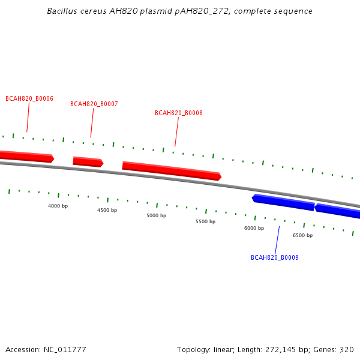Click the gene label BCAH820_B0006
tap(29, 98)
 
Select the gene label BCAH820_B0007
tap(94, 104)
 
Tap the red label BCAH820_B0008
tap(179, 113)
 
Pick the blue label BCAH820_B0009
tap(275, 257)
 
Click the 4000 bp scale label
tap(58, 206)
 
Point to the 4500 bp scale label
tap(107, 210)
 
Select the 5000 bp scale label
tap(157, 215)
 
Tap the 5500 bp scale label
tap(205, 221)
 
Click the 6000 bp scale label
tap(254, 228)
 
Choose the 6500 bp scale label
tap(302, 235)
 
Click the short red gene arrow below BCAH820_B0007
tap(88, 161)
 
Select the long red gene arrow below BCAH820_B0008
tap(172, 171)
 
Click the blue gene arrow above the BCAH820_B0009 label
tap(283, 202)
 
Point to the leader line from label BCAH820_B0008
tap(177, 132)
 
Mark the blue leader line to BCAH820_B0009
tap(277, 240)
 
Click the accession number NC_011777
tap(65, 350)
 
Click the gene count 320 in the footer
tap(347, 350)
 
